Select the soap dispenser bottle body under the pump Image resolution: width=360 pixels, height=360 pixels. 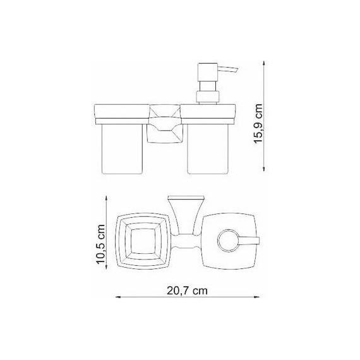pyautogui.click(x=211, y=148)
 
